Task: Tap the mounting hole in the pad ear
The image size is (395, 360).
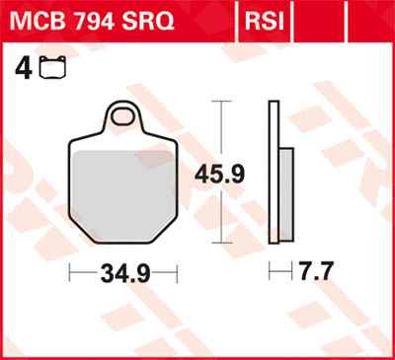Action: pyautogui.click(x=123, y=118)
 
